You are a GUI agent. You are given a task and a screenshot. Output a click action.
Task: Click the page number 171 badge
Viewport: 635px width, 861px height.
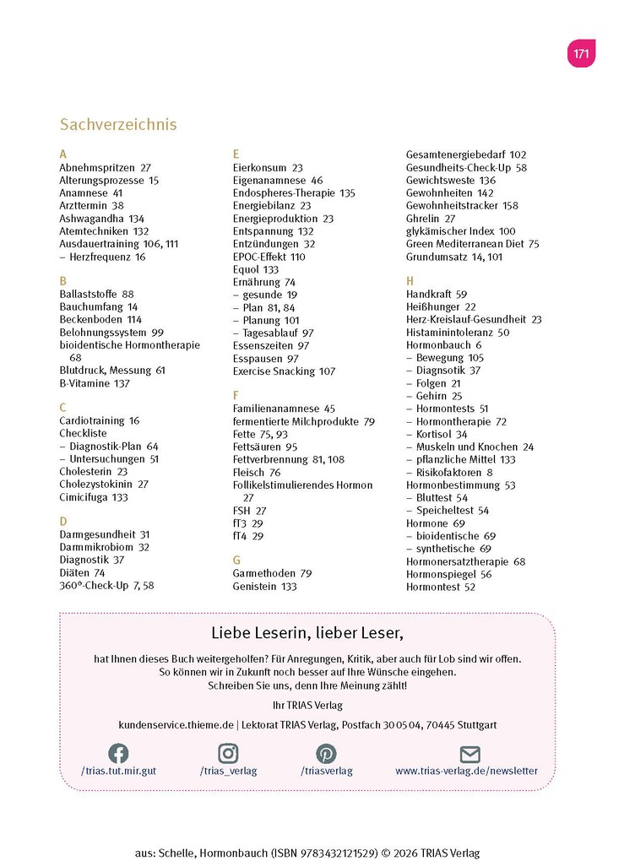point(581,53)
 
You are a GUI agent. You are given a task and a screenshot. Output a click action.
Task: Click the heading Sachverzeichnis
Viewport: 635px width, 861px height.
point(118,124)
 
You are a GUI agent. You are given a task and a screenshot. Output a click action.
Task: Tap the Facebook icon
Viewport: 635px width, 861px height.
point(118,753)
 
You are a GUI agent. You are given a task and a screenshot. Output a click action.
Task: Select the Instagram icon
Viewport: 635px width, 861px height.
point(228,753)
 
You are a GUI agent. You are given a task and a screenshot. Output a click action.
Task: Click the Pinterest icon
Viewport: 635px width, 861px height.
point(326,753)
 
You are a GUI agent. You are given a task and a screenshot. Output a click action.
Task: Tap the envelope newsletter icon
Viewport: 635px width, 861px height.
point(469,753)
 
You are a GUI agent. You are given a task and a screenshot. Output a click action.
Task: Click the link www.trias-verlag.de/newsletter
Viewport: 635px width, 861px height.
point(466,771)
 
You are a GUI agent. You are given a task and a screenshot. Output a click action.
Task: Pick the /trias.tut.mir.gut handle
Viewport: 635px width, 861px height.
point(118,771)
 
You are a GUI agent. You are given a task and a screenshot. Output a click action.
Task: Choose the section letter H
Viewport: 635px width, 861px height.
point(410,280)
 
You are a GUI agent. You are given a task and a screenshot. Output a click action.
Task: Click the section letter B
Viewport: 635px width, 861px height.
point(62,280)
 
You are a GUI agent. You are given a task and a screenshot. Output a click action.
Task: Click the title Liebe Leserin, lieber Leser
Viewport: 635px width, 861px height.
point(307,632)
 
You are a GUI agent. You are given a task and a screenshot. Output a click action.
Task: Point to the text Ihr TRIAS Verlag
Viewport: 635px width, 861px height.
point(307,705)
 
